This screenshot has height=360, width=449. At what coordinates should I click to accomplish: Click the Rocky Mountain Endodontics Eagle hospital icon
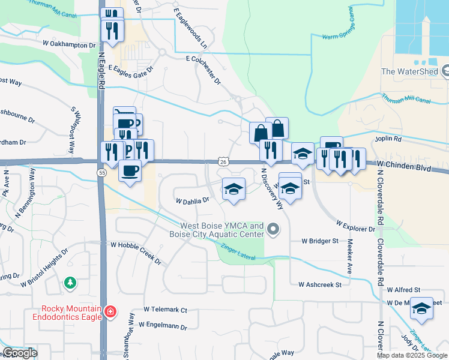click(110, 312)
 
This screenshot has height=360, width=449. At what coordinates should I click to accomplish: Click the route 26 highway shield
click(223, 161)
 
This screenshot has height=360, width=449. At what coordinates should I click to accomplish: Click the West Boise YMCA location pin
click(274, 229)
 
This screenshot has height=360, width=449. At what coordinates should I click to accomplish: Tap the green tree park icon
click(71, 282)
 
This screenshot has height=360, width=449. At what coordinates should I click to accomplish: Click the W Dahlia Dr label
click(191, 200)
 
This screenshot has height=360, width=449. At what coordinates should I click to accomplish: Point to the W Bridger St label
click(320, 241)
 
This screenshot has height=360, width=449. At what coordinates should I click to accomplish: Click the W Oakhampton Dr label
click(69, 45)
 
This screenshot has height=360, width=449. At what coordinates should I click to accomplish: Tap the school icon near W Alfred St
click(422, 308)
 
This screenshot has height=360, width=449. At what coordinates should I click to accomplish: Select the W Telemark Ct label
click(166, 310)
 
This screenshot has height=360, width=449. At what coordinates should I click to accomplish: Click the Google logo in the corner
click(20, 353)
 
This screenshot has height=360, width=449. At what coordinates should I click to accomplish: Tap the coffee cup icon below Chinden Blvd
click(130, 172)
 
